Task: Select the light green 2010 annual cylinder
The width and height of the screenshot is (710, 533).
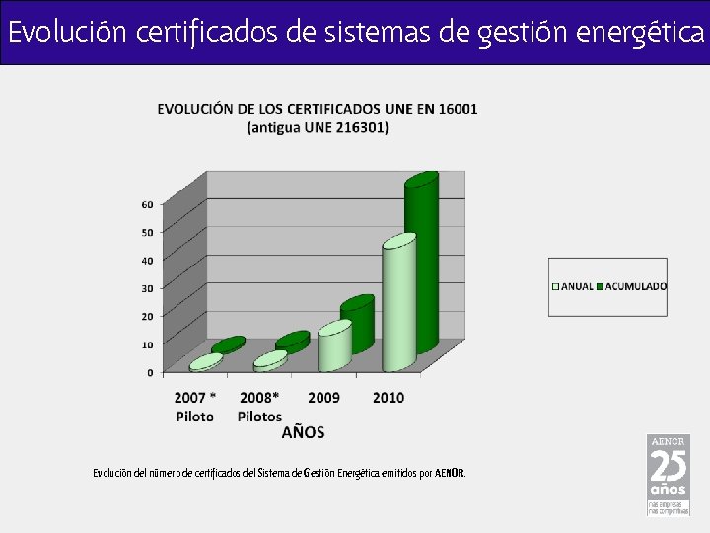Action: [x=398, y=306]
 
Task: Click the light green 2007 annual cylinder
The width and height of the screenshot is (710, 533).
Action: [x=205, y=362]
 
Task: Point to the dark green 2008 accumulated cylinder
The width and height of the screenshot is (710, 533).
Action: [x=293, y=342]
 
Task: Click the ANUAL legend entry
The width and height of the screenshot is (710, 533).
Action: [x=573, y=286]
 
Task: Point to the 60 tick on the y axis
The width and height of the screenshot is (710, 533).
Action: [x=147, y=204]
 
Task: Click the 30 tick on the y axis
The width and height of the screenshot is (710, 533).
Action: [x=147, y=288]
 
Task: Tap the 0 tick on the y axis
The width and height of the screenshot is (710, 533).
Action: [x=150, y=372]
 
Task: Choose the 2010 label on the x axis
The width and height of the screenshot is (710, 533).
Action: [x=388, y=397]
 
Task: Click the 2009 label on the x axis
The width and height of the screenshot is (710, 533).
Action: [x=323, y=397]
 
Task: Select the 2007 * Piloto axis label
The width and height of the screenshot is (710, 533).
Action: [x=195, y=406]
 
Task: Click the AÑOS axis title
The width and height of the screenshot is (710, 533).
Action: [x=303, y=432]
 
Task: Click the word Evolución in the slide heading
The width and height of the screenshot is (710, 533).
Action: [x=68, y=33]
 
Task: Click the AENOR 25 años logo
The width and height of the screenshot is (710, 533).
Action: [x=668, y=474]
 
